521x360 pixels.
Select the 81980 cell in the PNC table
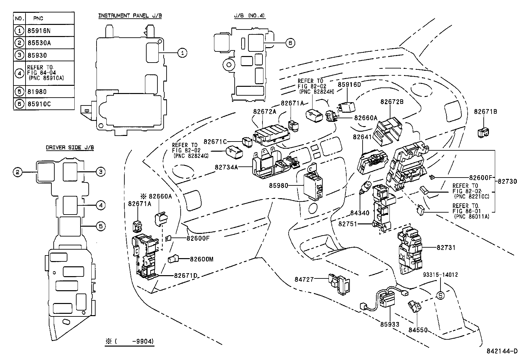(37, 92)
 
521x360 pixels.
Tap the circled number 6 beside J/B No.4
(290, 43)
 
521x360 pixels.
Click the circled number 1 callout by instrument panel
(183, 52)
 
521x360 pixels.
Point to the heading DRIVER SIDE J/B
(70, 148)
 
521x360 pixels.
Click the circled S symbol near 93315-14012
(440, 295)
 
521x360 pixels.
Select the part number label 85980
(278, 186)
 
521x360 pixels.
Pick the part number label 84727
(304, 279)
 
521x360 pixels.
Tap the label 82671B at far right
(485, 112)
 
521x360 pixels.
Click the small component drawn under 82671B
(483, 132)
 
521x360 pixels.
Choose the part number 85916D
(349, 85)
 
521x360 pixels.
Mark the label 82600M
(202, 259)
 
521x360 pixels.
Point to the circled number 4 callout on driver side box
(101, 205)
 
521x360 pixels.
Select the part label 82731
(446, 248)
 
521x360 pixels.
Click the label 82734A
(226, 167)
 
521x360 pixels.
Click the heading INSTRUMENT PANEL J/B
(130, 15)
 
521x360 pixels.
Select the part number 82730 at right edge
(508, 181)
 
